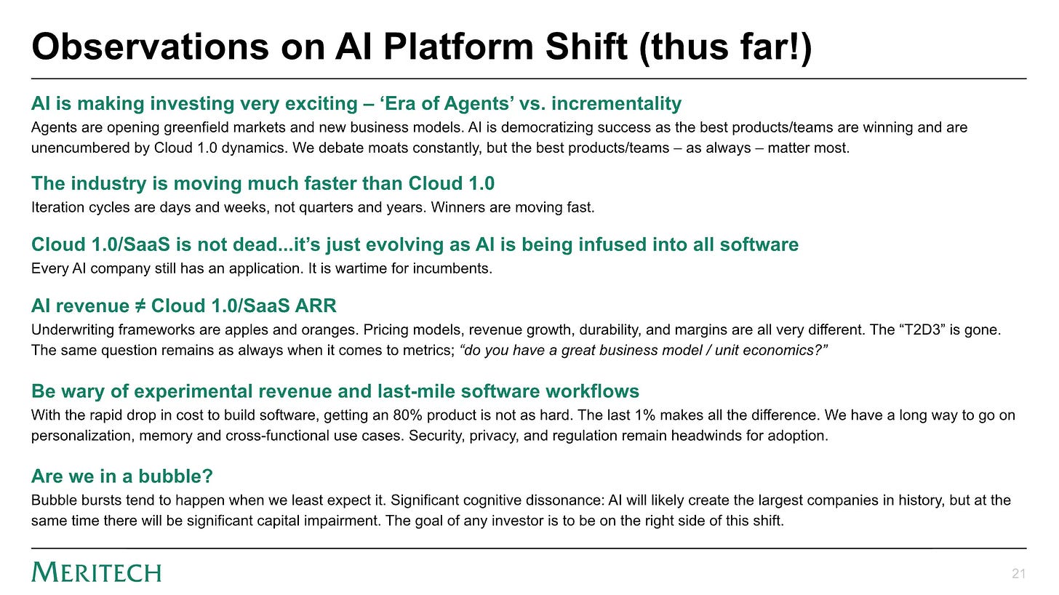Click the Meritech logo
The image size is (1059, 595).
pos(97,572)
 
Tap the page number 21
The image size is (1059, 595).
pos(1018,574)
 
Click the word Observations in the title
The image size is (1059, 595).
pos(150,47)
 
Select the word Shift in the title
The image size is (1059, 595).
pos(586,47)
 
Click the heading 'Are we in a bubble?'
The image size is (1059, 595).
pos(122,476)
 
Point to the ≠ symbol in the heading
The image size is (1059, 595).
pos(140,306)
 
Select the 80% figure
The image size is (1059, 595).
pos(404,415)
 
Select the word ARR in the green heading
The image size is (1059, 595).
pos(316,306)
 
